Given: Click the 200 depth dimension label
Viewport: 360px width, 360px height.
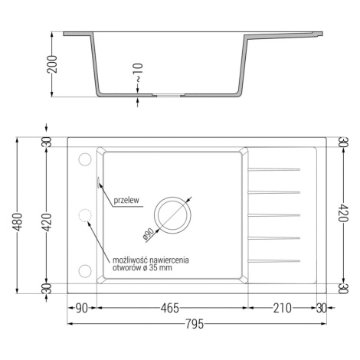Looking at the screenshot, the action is tap(52, 64).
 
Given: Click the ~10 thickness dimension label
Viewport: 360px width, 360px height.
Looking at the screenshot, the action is tap(138, 73).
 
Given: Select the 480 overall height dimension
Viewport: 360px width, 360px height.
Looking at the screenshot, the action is tap(18, 221).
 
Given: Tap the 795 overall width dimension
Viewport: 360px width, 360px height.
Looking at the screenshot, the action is tap(195, 324).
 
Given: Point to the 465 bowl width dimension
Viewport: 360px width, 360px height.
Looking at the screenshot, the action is tap(170, 308).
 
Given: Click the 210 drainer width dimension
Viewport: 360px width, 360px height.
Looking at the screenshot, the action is tap(282, 308).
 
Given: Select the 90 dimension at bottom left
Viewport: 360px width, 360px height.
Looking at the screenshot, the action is tap(82, 308).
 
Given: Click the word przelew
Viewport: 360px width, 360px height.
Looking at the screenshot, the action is tap(126, 200).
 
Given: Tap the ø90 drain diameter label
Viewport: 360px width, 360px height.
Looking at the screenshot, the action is tap(149, 234).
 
